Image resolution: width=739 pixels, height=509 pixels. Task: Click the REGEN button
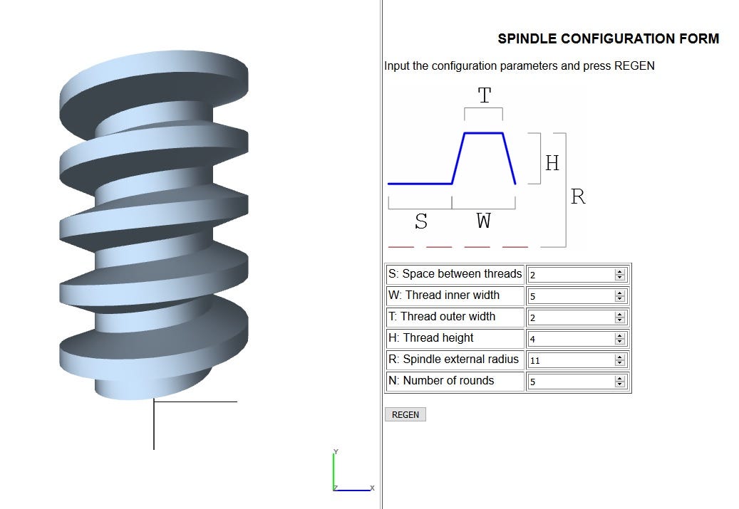pyautogui.click(x=405, y=414)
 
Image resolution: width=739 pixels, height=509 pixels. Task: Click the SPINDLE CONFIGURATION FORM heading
pyautogui.click(x=608, y=39)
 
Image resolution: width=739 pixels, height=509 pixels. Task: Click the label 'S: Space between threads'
pyautogui.click(x=455, y=274)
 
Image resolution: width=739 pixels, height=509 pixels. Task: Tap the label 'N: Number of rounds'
pyautogui.click(x=441, y=381)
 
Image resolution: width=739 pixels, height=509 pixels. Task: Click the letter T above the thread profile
pyautogui.click(x=485, y=95)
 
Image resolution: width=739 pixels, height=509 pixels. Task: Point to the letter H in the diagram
pyautogui.click(x=552, y=163)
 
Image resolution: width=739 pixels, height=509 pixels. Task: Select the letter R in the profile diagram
pyautogui.click(x=578, y=197)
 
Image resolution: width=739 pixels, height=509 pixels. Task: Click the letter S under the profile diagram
pyautogui.click(x=421, y=221)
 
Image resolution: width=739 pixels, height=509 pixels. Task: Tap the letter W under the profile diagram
pyautogui.click(x=484, y=221)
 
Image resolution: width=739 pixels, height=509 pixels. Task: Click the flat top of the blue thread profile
pyautogui.click(x=484, y=133)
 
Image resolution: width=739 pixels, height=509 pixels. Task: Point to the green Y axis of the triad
pyautogui.click(x=334, y=470)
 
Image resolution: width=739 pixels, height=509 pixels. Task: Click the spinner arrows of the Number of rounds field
pyautogui.click(x=619, y=382)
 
